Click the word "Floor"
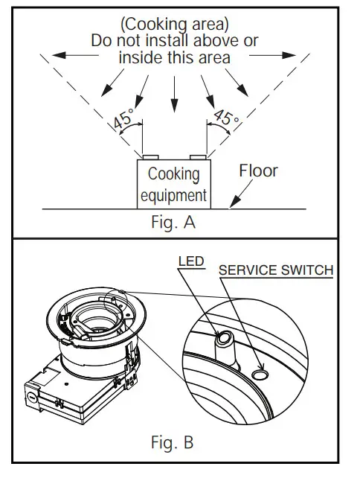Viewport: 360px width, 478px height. coord(258,171)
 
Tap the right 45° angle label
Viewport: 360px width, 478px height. coord(225,118)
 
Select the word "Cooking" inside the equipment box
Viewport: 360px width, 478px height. coord(174,175)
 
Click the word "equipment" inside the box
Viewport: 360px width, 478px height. coord(173,196)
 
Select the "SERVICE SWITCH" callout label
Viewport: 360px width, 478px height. coord(275,270)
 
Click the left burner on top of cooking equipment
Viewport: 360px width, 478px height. coord(150,158)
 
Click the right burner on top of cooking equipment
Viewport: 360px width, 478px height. coord(197,158)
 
